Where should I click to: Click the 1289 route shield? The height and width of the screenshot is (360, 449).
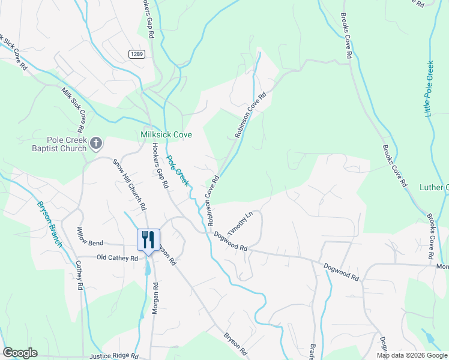pos(137,54)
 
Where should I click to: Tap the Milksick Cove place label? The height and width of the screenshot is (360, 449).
pos(166,135)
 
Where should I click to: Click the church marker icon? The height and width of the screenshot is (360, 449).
pos(97,143)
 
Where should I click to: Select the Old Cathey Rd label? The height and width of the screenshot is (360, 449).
pos(117,258)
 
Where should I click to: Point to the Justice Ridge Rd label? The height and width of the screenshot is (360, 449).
pos(113,356)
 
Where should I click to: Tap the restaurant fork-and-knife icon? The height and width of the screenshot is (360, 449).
pos(148,239)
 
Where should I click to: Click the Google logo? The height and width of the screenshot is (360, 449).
pos(20,353)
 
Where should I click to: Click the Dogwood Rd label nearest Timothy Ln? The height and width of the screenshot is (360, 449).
pos(231,242)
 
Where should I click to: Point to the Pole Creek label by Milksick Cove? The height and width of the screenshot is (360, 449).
pos(178,170)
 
